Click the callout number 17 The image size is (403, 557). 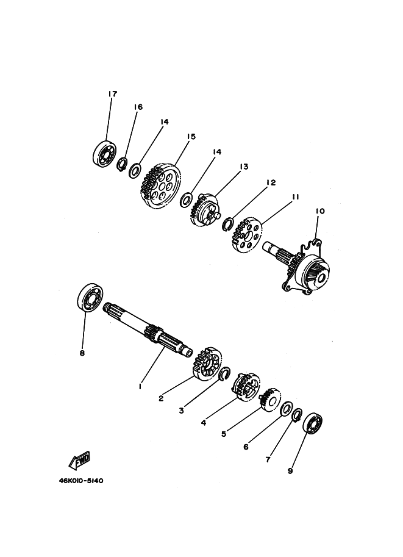tap(112, 94)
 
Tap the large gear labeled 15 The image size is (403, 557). tap(161, 186)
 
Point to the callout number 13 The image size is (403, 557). tap(244, 167)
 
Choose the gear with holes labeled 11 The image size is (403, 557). tap(246, 235)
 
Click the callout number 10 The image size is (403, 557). tap(320, 211)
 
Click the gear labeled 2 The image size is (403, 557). tap(208, 363)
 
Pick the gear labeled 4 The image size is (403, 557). tap(248, 387)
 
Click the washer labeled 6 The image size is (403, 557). tap(286, 409)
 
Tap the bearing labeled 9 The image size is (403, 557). tap(312, 423)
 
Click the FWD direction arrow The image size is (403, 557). tap(79, 461)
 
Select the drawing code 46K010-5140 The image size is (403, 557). tap(81, 481)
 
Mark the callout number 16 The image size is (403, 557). tap(138, 107)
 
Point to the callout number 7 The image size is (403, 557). tap(268, 459)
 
